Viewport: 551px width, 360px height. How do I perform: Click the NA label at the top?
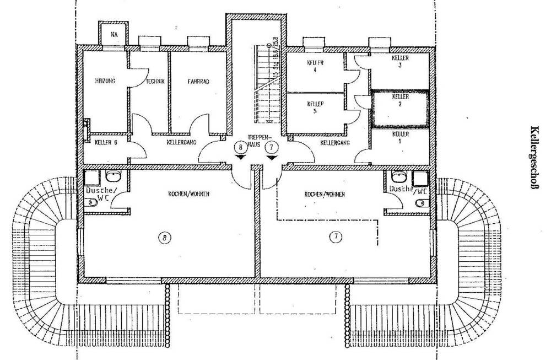(x=114, y=34)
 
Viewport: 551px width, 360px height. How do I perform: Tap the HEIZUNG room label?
(x=105, y=81)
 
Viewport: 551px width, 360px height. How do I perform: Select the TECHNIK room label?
(x=155, y=81)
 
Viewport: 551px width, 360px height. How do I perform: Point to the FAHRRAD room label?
(x=198, y=81)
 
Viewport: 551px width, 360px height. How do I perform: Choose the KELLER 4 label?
(x=315, y=66)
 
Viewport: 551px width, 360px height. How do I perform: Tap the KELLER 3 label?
(x=401, y=61)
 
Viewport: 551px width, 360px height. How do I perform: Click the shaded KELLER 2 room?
(x=400, y=108)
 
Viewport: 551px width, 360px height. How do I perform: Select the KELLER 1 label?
(x=401, y=137)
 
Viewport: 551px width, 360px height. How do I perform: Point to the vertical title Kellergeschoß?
(x=533, y=157)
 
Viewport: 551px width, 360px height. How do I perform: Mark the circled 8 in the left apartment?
(x=164, y=238)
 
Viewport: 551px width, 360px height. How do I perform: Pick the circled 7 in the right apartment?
(x=336, y=237)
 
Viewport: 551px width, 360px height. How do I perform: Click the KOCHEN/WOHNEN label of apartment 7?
(x=325, y=195)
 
